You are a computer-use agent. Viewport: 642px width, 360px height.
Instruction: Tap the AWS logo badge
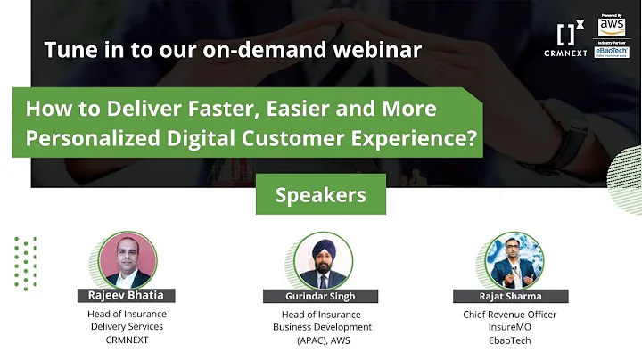tap(612, 27)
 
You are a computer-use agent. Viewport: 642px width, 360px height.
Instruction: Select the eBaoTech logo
tap(612, 52)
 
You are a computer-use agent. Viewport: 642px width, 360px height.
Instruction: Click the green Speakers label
tap(320, 194)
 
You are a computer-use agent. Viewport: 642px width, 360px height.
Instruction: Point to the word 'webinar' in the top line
tap(375, 50)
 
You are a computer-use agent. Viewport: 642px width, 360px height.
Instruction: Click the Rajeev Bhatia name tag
tap(127, 295)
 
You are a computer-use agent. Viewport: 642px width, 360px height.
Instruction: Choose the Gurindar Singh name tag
tap(320, 296)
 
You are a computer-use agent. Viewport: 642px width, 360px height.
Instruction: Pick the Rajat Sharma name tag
tap(510, 296)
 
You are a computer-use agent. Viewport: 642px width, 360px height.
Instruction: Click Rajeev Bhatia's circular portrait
tap(127, 260)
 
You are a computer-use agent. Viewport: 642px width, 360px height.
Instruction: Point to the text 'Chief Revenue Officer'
tap(510, 315)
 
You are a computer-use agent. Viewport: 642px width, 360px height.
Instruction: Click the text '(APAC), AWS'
tap(322, 340)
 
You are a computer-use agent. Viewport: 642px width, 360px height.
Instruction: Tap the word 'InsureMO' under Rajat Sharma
tap(510, 327)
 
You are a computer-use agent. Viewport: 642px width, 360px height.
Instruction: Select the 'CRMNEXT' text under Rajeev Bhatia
tap(127, 340)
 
